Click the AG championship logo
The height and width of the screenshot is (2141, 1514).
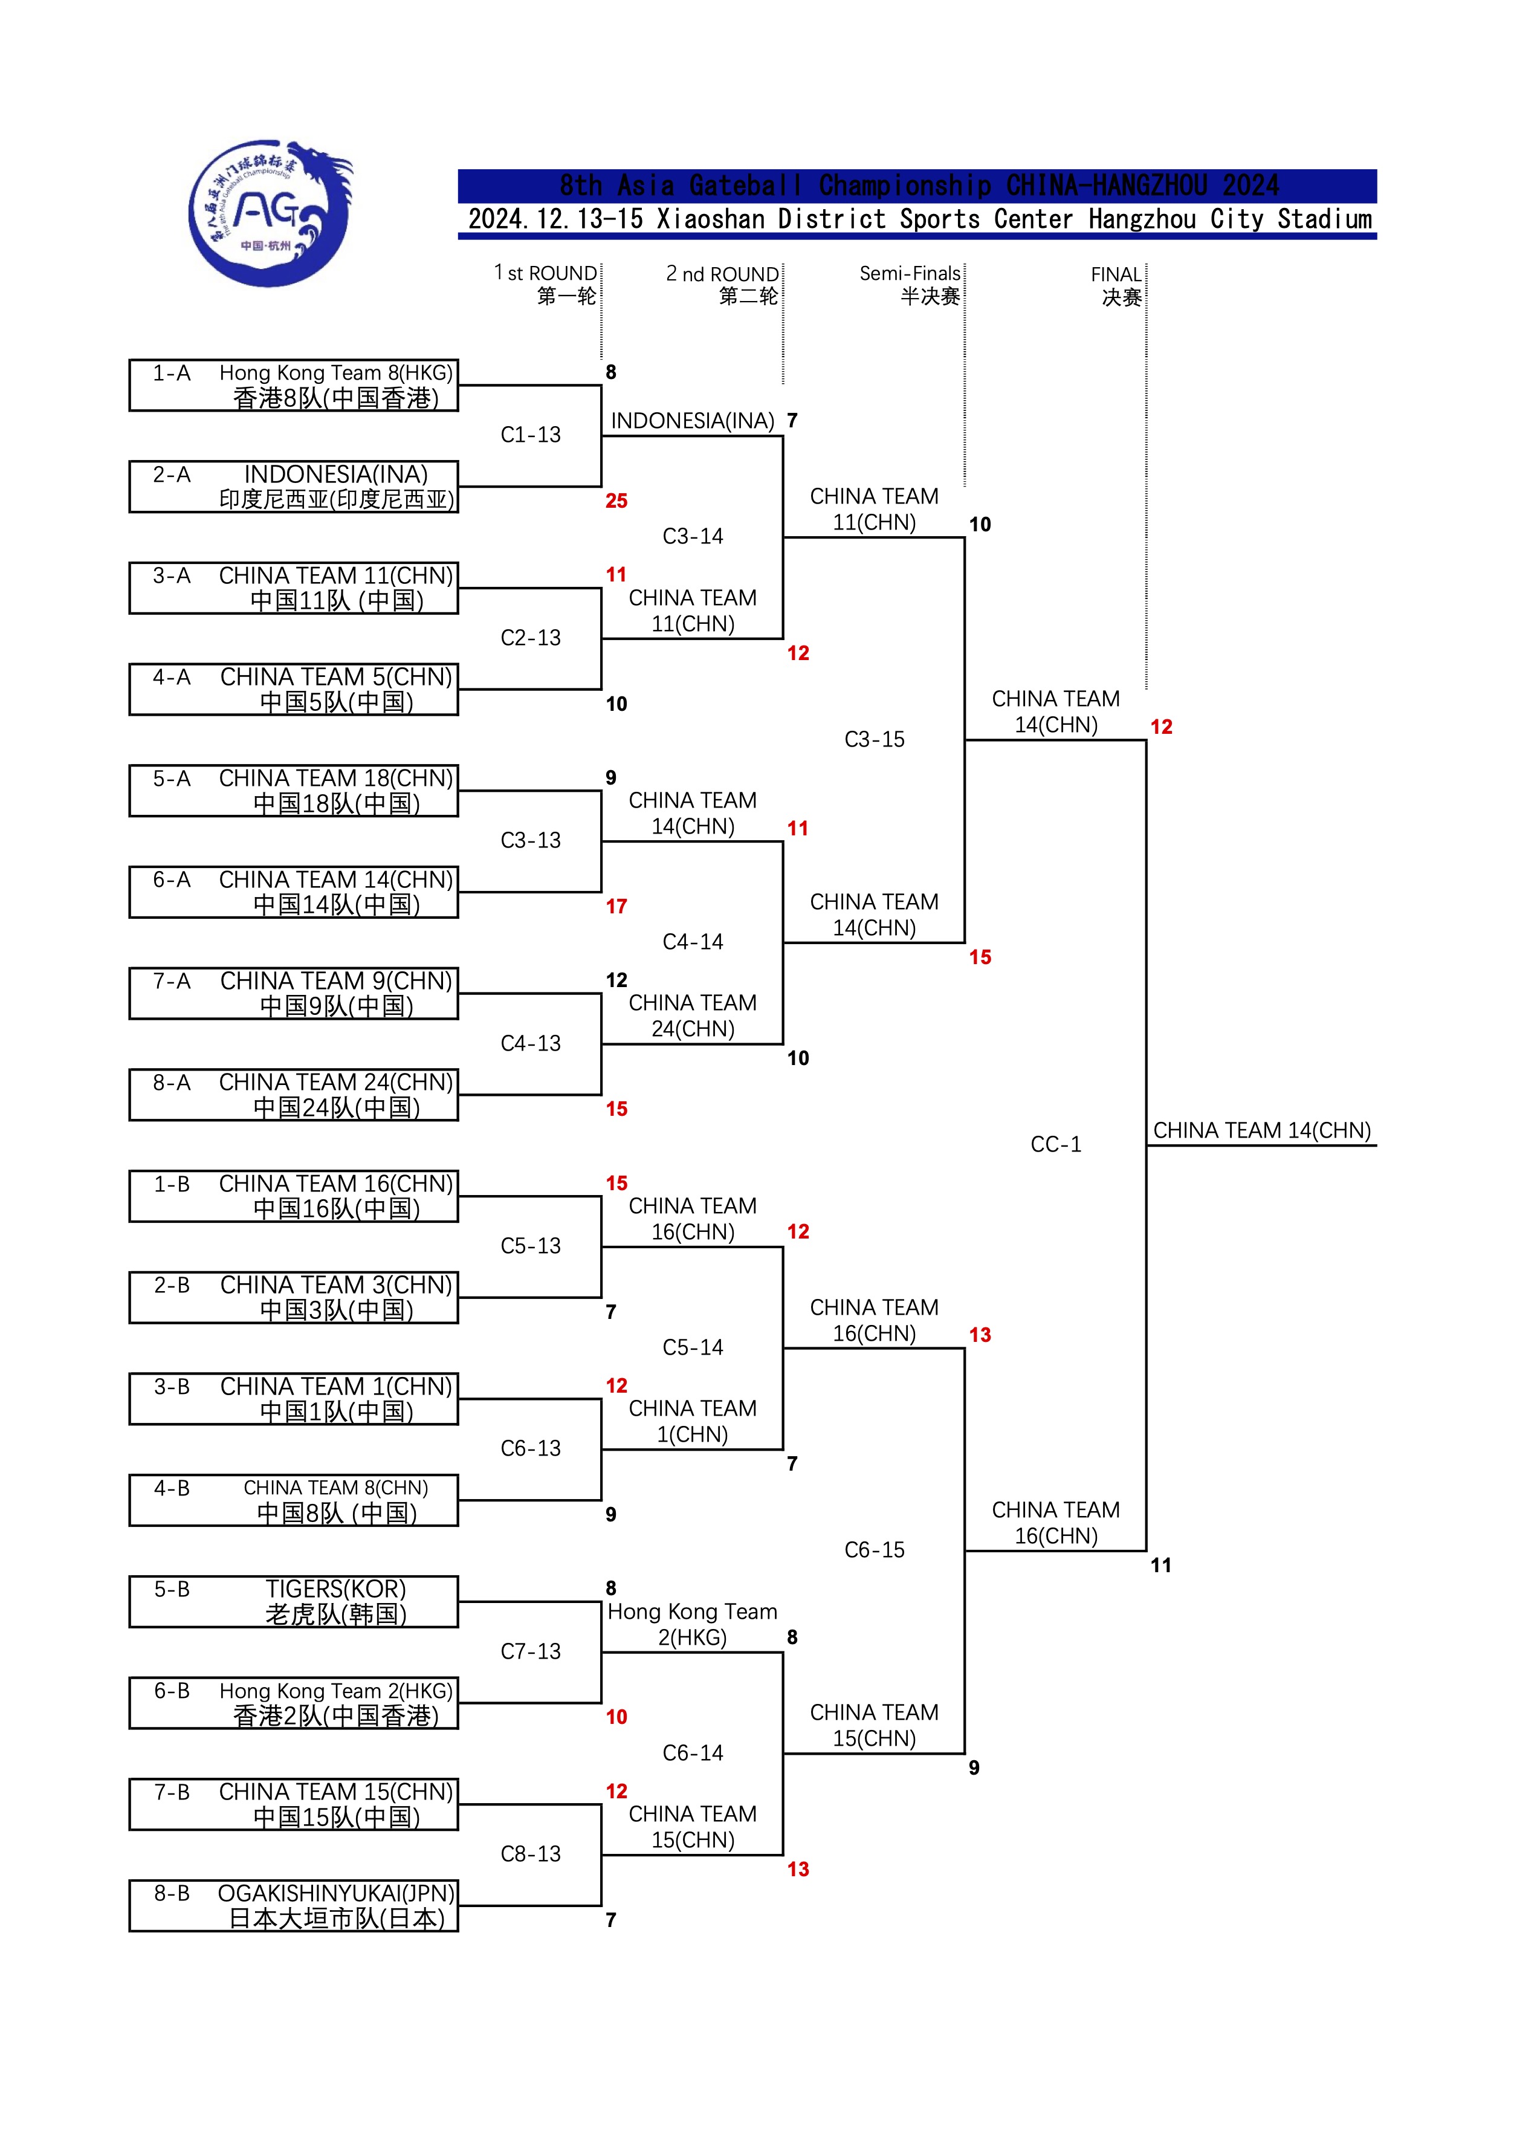point(270,213)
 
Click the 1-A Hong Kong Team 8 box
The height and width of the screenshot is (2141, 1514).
point(294,385)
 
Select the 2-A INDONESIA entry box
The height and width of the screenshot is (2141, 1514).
point(294,487)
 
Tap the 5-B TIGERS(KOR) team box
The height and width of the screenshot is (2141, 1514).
point(294,1601)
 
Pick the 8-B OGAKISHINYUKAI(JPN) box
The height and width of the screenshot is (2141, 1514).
point(294,1905)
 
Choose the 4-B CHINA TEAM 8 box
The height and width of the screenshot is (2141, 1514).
point(294,1500)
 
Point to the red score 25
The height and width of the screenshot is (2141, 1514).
point(616,500)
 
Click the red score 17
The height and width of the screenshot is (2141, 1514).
point(616,906)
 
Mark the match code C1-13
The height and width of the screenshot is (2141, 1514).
point(531,435)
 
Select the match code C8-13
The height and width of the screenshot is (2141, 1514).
point(531,1854)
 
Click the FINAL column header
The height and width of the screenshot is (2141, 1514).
point(1117,285)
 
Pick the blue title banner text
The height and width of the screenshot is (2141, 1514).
point(917,186)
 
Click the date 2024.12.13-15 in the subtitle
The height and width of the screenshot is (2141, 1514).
point(555,219)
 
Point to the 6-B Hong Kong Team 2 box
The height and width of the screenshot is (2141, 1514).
point(294,1703)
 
